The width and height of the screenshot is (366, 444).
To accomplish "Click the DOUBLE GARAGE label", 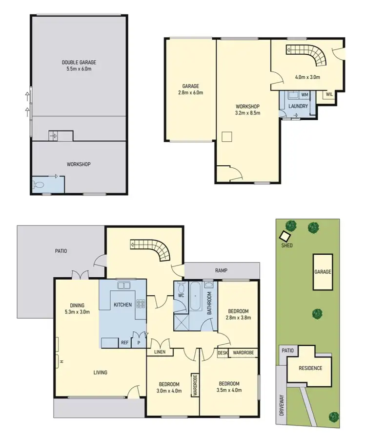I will click(x=79, y=62).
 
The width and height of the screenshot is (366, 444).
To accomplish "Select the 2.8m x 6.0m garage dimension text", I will click(x=190, y=92).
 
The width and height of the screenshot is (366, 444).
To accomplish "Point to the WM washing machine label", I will click(x=305, y=95).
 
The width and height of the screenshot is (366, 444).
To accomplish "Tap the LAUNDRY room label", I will click(x=298, y=106).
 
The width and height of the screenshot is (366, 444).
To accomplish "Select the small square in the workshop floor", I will click(x=227, y=136).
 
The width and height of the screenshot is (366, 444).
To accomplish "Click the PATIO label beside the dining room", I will click(x=61, y=251).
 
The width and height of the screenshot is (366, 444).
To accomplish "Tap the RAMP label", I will click(x=222, y=270).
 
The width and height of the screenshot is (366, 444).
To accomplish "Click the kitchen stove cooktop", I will click(x=142, y=304).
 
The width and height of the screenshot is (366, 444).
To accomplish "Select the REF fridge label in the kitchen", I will click(x=125, y=343).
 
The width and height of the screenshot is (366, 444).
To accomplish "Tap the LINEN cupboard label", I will click(x=160, y=352).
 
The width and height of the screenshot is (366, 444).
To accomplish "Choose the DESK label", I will click(x=222, y=352).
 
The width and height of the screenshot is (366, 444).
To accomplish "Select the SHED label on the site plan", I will click(x=286, y=245).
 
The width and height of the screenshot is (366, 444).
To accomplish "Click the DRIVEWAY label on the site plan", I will click(x=282, y=405).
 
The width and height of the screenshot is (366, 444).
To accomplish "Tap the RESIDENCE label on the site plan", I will click(x=310, y=368).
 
